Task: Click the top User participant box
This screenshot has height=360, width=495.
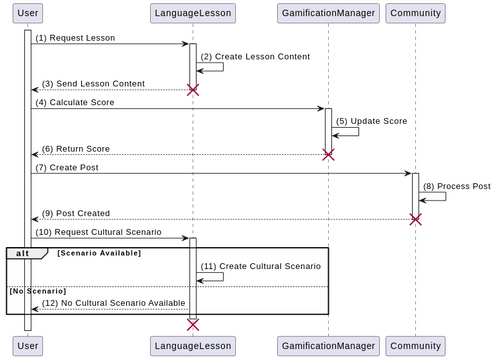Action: pos(28,14)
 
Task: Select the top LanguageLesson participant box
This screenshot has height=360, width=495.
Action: pos(192,14)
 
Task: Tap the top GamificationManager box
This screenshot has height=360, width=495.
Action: pos(327,14)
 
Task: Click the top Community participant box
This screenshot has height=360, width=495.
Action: pos(415,14)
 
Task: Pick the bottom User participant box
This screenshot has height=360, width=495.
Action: pos(28,345)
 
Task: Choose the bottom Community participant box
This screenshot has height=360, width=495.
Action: pos(415,345)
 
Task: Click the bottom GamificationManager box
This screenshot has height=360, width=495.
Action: pos(327,345)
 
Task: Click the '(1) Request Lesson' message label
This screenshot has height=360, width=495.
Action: pos(75,38)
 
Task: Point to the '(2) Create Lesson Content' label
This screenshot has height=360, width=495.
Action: pos(255,56)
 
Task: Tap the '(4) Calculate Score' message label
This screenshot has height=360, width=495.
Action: pos(75,102)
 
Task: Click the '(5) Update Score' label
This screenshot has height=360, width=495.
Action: pos(371,120)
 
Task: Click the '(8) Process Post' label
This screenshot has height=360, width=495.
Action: pos(456,186)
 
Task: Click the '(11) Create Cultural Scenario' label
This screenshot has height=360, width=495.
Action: pos(260,266)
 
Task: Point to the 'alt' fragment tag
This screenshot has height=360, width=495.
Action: pos(22,253)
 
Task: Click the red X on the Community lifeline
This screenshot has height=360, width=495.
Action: pos(415,219)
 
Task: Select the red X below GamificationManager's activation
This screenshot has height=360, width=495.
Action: pos(327,154)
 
